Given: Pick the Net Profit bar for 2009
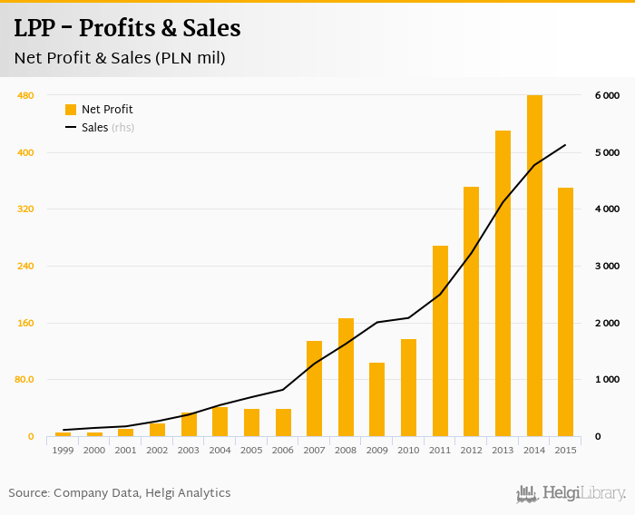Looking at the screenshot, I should point(377,400).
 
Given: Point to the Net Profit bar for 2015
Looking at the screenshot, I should point(565,312).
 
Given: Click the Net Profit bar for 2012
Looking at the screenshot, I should point(472,312).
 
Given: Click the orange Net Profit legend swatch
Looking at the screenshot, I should point(71,110).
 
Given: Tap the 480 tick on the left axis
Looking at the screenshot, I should point(25,95).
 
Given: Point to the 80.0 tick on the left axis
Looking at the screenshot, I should point(24,380).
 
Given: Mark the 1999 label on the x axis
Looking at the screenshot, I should point(63,450).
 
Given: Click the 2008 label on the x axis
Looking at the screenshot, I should point(346,450).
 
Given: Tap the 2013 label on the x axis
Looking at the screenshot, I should point(503,450).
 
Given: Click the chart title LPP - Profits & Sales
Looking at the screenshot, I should point(127,28).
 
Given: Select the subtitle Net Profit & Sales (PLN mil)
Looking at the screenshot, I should point(120,58).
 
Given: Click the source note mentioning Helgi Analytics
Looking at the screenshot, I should point(120,493).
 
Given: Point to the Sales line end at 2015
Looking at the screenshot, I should point(565,145).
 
